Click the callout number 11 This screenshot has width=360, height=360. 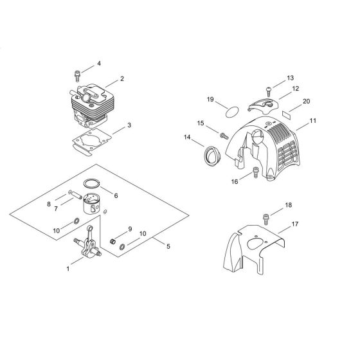pos(312,120)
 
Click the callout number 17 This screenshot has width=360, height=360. pos(295,224)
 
